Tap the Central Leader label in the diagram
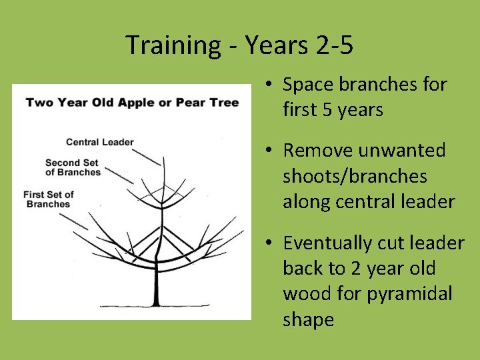pyautogui.click(x=100, y=142)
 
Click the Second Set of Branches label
pyautogui.click(x=73, y=167)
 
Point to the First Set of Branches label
pyautogui.click(x=48, y=199)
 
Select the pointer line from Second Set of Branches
pyautogui.click(x=120, y=174)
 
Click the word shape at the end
pyautogui.click(x=308, y=319)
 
